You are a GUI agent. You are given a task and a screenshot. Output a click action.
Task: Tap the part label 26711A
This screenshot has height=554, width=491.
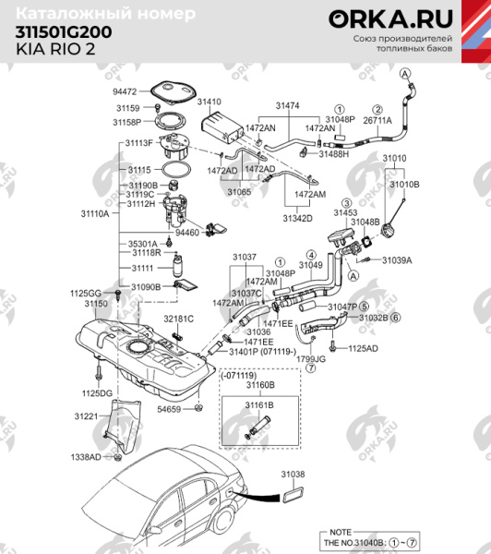click(377, 120)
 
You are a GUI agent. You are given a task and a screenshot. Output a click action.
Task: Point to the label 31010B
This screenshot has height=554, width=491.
click(404, 185)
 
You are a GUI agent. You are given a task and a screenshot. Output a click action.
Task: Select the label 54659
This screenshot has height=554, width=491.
click(169, 407)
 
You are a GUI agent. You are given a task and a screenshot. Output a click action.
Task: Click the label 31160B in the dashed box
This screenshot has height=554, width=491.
click(261, 384)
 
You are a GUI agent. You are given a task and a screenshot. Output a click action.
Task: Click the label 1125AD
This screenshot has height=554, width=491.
click(363, 348)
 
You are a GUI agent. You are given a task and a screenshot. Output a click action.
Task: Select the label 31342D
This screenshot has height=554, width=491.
click(297, 218)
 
